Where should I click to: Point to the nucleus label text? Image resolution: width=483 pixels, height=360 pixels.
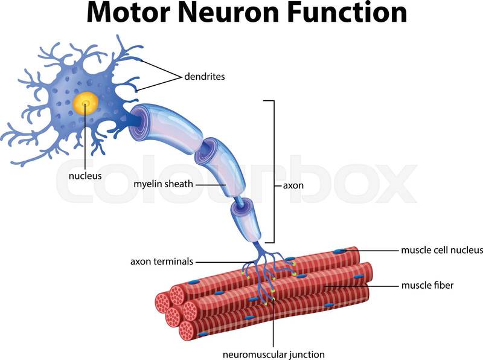tap(85, 176)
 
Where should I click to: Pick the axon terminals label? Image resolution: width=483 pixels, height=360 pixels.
tap(161, 262)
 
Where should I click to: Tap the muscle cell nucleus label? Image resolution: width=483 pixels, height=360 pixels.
tap(443, 249)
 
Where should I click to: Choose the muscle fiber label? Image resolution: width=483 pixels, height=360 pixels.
tap(427, 284)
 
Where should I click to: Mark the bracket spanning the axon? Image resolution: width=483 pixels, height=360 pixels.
tap(275, 172)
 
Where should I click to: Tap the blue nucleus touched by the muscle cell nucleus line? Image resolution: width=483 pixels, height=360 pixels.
tap(342, 251)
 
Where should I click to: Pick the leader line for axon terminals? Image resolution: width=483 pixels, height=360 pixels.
tap(220, 262)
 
